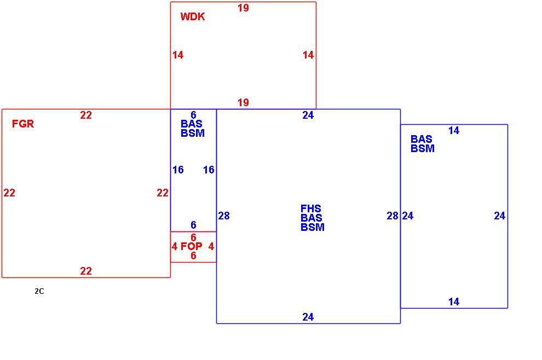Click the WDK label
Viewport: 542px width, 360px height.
pos(193,16)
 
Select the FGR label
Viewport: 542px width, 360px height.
pos(23,124)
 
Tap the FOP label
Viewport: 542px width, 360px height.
pos(192,246)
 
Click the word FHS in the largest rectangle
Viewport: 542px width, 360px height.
pos(311,208)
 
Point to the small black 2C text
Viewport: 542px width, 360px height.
pos(39,291)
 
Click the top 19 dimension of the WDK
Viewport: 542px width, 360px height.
pos(243,8)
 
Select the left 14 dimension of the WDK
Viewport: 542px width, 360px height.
pos(178,55)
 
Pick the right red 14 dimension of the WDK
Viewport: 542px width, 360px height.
pos(308,55)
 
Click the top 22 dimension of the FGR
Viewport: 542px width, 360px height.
pos(86,115)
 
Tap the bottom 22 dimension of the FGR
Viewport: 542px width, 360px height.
pos(86,271)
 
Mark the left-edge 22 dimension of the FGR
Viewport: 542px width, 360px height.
pos(9,193)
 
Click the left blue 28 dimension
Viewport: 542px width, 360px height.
pos(224,216)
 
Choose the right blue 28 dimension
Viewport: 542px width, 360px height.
pos(393,216)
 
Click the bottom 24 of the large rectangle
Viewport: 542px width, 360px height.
pos(308,317)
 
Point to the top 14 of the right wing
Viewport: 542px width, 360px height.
pos(454,131)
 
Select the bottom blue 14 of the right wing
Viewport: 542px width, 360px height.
pos(454,302)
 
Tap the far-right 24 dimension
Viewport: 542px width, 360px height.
pos(500,216)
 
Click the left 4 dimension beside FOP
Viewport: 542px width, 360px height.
pos(175,246)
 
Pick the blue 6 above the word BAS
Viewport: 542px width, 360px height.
pos(193,115)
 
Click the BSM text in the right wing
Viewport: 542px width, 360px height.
pos(423,149)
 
